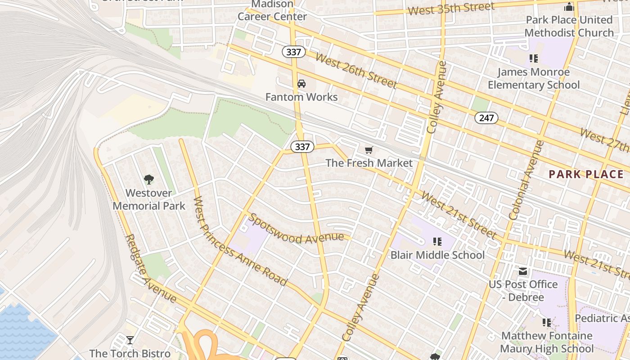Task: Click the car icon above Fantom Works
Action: click(301, 84)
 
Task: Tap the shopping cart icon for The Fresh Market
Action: click(369, 150)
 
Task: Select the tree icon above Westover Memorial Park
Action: click(149, 180)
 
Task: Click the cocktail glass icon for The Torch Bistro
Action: click(130, 340)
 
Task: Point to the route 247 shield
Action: click(486, 118)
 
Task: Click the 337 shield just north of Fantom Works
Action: click(293, 52)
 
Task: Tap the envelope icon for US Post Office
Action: click(523, 271)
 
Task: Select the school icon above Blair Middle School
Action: click(437, 242)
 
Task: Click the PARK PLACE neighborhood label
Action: click(586, 175)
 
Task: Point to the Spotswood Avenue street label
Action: click(299, 229)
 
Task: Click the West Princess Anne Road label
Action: click(240, 241)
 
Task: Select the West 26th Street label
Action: click(356, 71)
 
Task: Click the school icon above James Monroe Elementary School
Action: click(534, 58)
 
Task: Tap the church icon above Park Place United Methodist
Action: click(569, 7)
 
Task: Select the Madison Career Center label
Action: click(272, 10)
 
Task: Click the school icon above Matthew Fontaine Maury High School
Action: click(547, 322)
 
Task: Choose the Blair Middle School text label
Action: click(437, 255)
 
